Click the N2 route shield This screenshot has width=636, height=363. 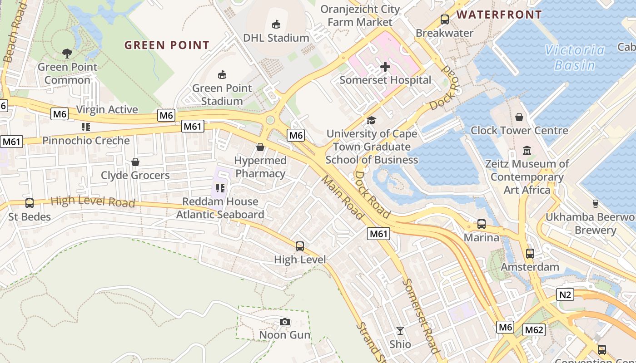click(x=565, y=295)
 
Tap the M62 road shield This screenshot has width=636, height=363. click(x=533, y=330)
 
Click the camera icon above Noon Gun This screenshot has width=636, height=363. click(x=285, y=322)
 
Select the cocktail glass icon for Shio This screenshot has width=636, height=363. click(x=400, y=331)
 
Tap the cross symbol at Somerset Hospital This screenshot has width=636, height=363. click(x=385, y=67)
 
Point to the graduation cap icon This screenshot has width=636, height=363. click(x=371, y=120)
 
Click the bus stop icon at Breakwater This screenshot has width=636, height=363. click(x=444, y=20)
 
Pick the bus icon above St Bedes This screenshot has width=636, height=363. click(x=30, y=203)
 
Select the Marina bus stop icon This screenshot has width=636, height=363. click(x=481, y=224)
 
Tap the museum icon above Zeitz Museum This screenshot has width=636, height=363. click(x=527, y=150)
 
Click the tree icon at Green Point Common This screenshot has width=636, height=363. click(x=67, y=54)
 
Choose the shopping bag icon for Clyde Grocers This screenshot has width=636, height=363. click(x=135, y=162)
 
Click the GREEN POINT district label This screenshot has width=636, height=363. click(x=167, y=45)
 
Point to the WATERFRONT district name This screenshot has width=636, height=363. click(x=499, y=15)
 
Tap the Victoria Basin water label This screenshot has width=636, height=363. click(x=575, y=57)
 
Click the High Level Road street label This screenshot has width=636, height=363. click(x=93, y=201)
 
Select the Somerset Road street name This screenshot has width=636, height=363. click(x=421, y=315)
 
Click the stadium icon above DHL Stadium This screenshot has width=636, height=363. click(x=276, y=24)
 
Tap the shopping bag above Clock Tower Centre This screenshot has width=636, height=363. click(x=519, y=117)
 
